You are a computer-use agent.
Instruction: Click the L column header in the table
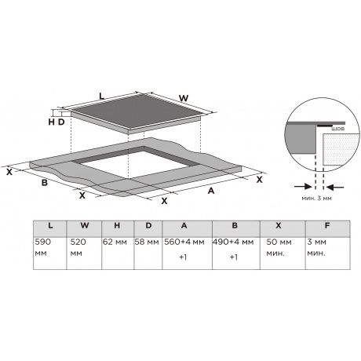tap(50, 225)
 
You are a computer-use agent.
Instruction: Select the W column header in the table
tap(85, 225)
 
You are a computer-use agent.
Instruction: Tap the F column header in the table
tap(327, 225)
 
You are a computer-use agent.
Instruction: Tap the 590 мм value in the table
tap(43, 248)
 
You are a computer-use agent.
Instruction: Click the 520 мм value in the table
tap(78, 248)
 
